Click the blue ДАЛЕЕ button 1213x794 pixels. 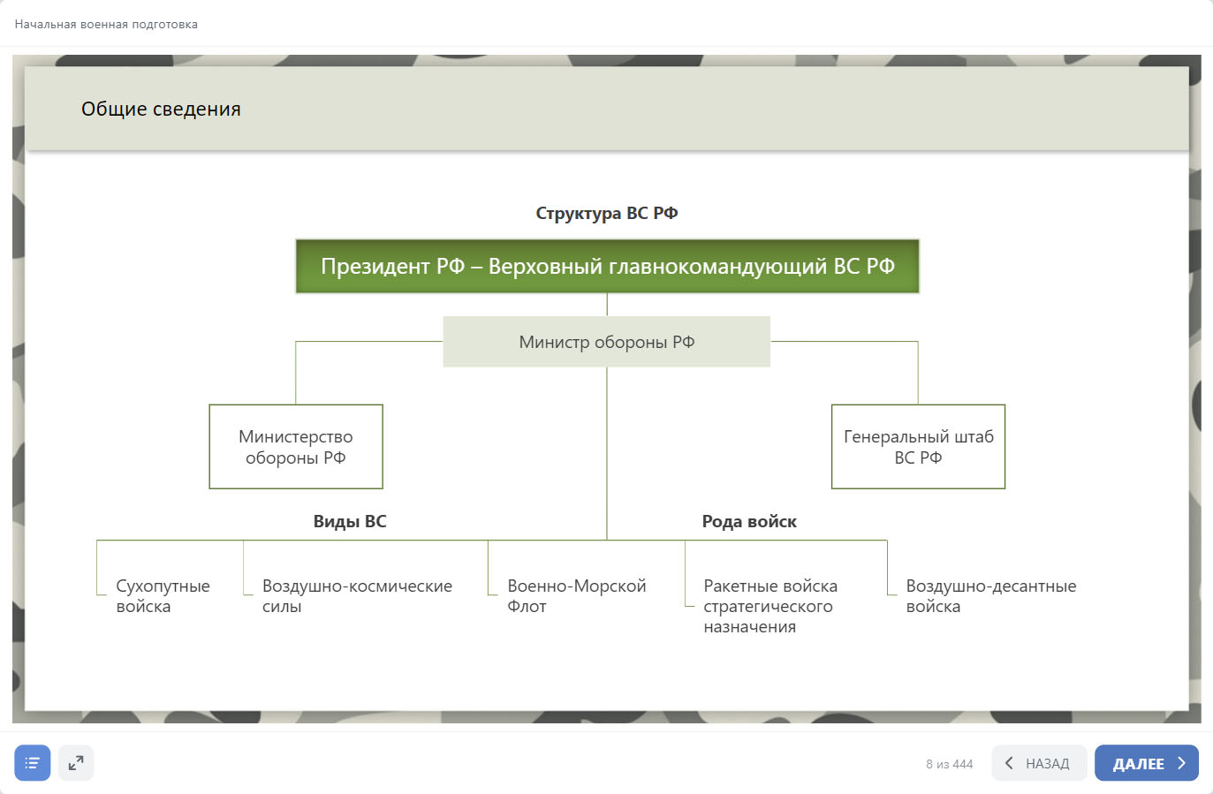pos(1147,762)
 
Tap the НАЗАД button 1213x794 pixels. pos(1039,762)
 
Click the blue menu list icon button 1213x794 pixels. pos(33,762)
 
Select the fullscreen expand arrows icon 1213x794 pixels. pos(76,762)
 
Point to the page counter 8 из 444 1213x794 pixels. pos(949,764)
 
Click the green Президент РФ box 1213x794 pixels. pos(607,267)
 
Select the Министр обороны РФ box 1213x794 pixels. pos(606,342)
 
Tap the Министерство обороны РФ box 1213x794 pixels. pos(296,447)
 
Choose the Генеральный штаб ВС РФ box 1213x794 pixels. pos(918,447)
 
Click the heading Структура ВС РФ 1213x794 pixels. pos(606,213)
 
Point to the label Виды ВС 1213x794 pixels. pos(350,521)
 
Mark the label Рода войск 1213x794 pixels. pos(749,521)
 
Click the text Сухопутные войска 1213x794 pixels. pos(163,596)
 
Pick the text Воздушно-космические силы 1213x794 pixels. pos(357,596)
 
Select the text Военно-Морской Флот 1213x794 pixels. pos(576,596)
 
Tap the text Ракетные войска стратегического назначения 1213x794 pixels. pos(770,606)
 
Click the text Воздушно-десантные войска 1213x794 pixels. pos(991,596)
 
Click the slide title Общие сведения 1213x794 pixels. pos(161,109)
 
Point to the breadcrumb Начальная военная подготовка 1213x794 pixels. pos(106,25)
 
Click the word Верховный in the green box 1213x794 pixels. pos(545,267)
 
